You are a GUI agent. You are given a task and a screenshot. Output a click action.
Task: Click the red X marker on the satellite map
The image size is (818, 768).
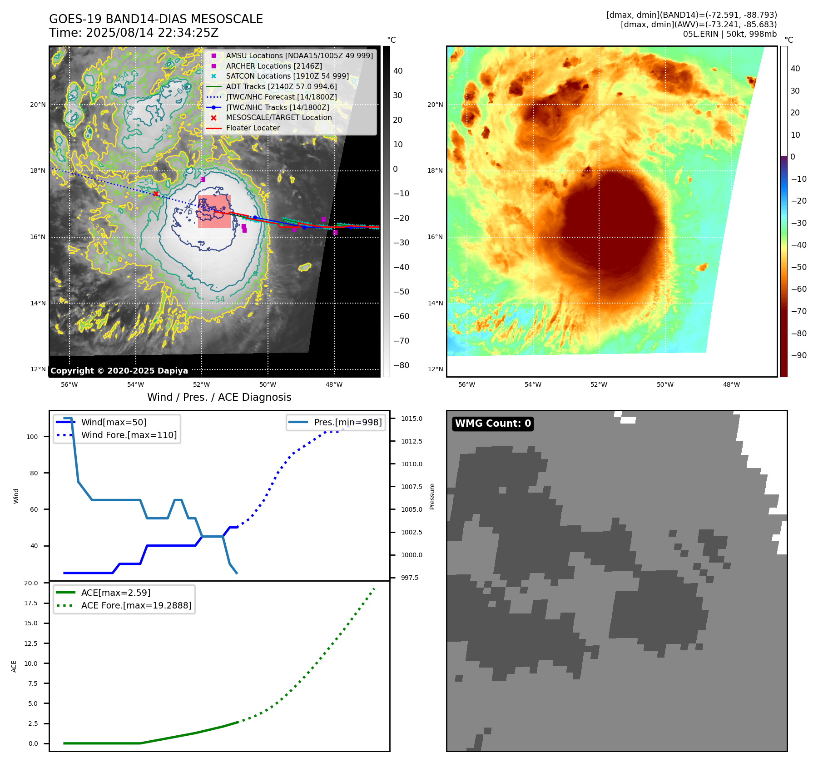tap(156, 194)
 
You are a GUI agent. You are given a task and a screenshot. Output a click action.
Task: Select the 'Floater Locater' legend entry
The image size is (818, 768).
tap(253, 128)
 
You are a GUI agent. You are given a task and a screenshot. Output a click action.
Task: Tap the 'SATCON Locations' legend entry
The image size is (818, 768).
tap(287, 76)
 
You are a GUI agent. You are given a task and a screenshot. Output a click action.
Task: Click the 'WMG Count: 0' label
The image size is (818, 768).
tap(493, 424)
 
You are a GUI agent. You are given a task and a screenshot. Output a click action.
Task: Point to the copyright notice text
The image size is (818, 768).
tap(119, 371)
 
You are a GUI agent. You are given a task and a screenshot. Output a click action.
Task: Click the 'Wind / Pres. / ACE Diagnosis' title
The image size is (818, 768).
tap(219, 397)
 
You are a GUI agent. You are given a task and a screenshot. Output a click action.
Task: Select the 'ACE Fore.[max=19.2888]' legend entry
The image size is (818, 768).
tap(136, 605)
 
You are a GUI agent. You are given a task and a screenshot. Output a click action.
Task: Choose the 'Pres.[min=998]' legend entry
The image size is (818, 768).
tap(347, 422)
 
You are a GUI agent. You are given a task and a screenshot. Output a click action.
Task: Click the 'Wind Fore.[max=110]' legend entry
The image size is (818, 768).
tap(129, 435)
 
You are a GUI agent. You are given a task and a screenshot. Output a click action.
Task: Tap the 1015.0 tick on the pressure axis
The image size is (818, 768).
tap(411, 419)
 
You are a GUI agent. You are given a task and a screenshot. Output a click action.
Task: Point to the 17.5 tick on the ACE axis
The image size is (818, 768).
tap(31, 603)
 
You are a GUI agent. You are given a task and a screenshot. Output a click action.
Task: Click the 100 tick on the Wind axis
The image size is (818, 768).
tap(32, 437)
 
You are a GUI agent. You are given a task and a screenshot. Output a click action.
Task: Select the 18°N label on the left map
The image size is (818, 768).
tap(38, 171)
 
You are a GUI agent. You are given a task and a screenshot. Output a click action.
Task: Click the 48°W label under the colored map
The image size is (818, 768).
tap(731, 384)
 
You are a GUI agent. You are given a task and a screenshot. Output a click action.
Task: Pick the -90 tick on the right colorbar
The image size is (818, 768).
tap(798, 355)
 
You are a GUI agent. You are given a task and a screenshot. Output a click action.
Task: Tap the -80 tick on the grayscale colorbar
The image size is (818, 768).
tap(401, 365)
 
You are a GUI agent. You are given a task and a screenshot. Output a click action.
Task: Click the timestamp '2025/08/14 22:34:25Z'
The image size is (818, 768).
tap(152, 33)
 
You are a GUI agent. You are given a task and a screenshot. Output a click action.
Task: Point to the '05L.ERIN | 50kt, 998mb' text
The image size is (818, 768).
tap(729, 34)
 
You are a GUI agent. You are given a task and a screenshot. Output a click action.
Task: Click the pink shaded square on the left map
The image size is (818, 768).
tap(214, 212)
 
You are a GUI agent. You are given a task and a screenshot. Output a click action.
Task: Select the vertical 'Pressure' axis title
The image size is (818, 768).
tap(432, 496)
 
